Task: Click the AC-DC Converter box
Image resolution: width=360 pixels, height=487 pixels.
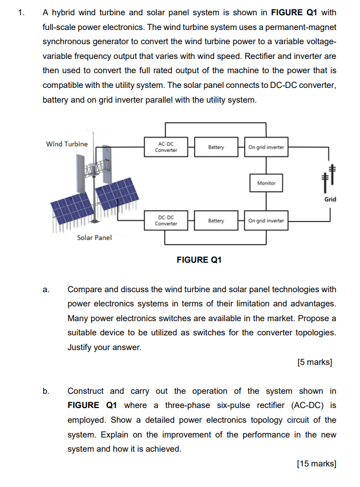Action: tap(166, 147)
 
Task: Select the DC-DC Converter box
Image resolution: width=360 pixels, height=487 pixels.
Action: tap(166, 221)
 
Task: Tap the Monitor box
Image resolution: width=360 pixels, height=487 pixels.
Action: tap(266, 183)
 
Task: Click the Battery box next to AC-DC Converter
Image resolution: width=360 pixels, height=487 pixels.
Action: tap(216, 147)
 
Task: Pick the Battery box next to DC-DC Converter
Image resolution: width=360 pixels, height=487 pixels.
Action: tap(216, 221)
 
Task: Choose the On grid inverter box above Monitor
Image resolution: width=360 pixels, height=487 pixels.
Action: tap(266, 147)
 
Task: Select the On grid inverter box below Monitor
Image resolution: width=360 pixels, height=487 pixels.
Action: tap(266, 221)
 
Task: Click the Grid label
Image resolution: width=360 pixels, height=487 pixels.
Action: tap(330, 199)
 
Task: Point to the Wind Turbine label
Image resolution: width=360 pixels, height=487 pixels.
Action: tap(67, 144)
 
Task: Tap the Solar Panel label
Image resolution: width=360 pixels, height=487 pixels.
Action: tap(94, 237)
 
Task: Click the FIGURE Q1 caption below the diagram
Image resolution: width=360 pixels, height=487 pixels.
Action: tap(199, 260)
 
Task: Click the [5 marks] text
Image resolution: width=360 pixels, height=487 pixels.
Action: tap(314, 362)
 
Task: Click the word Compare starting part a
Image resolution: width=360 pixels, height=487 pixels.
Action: tap(86, 290)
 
